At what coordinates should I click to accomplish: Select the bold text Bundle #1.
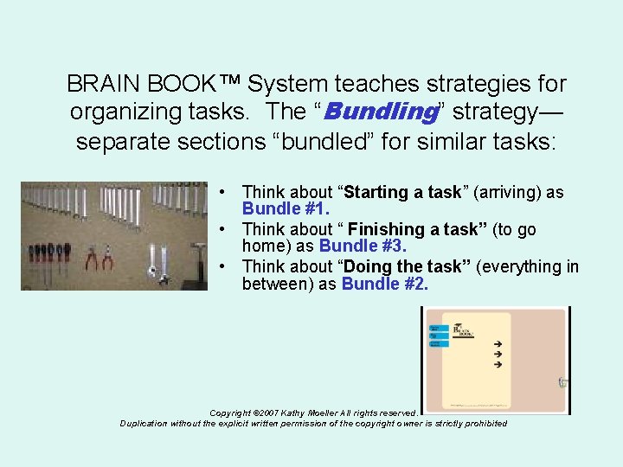point(286,209)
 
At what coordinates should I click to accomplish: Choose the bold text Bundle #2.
point(384,284)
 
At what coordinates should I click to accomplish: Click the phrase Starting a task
point(402,192)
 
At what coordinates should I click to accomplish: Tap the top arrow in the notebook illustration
point(498,343)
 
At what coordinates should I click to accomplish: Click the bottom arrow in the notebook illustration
point(498,365)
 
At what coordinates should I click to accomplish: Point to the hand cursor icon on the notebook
point(562,381)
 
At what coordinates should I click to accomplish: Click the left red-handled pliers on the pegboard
point(91,258)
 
